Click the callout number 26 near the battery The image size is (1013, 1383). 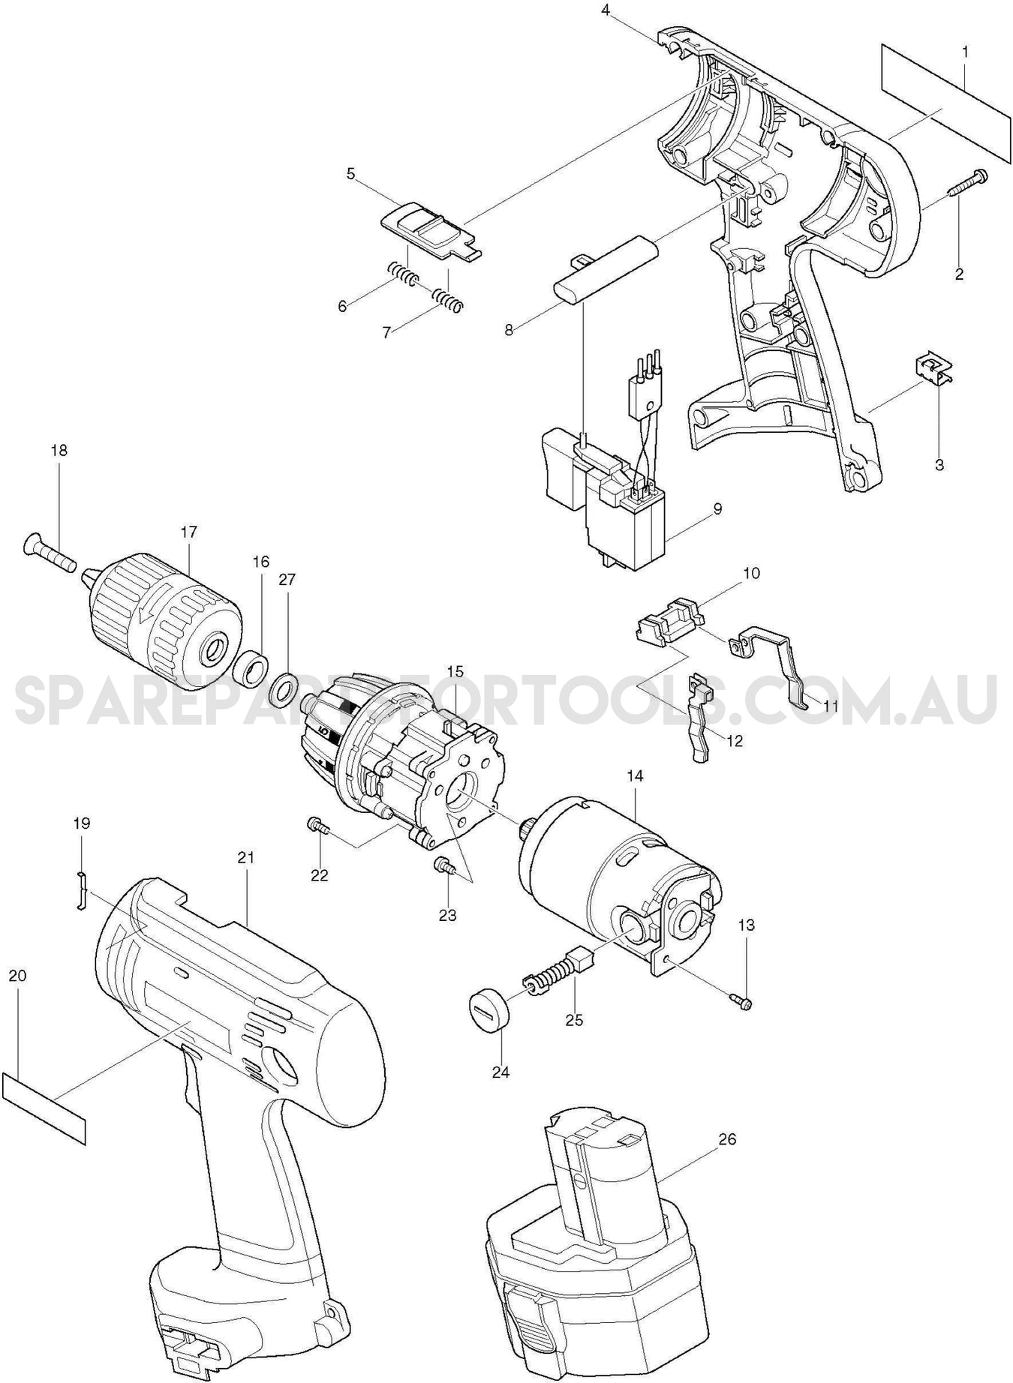coord(727,1139)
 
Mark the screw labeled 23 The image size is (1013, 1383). coord(444,866)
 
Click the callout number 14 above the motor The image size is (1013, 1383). coord(635,776)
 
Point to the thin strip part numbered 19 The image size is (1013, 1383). coord(81,891)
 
